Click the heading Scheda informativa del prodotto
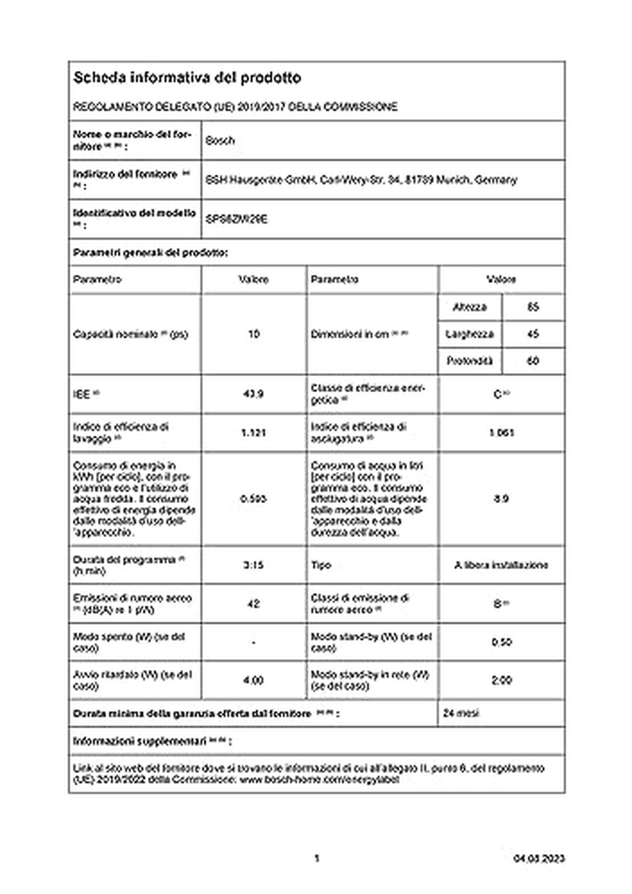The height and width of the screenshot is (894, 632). (x=187, y=78)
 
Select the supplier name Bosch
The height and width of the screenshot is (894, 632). (x=220, y=140)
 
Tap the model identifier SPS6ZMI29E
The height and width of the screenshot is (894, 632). (x=236, y=219)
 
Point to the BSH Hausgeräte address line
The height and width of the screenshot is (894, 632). (x=361, y=180)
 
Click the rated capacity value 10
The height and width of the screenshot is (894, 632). (x=253, y=334)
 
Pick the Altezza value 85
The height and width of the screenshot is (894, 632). (x=533, y=307)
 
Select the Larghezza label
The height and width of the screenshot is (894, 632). (x=469, y=334)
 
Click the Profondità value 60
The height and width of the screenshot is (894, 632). (x=533, y=361)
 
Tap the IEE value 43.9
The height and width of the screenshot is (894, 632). (x=253, y=394)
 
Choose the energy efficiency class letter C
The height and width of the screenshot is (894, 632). (x=498, y=394)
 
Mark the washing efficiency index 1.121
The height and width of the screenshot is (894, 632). (x=253, y=433)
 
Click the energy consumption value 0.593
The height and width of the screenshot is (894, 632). (x=253, y=498)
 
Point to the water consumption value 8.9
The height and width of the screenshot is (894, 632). (x=501, y=498)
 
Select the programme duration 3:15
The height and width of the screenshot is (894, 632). (x=253, y=565)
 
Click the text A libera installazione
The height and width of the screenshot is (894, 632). (x=501, y=565)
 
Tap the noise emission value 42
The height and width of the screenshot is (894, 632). (x=253, y=604)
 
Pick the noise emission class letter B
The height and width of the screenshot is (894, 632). (x=498, y=604)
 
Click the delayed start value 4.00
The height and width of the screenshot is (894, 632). (x=253, y=680)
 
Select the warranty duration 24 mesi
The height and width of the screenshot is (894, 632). (x=461, y=714)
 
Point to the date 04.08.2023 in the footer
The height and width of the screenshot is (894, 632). (x=539, y=859)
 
